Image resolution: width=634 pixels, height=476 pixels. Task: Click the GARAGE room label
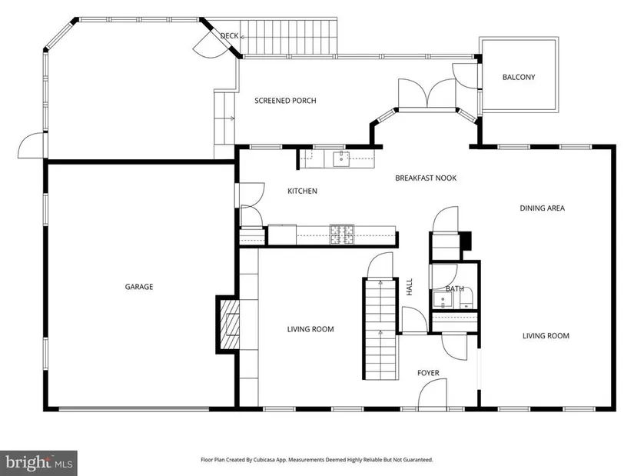coord(138,287)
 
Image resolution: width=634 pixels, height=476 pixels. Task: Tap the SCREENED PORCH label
coord(285,101)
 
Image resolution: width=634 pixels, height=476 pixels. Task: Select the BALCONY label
coord(519,77)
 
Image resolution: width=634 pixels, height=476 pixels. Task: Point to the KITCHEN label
coord(302,191)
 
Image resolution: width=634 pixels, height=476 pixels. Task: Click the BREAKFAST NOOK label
coord(426,178)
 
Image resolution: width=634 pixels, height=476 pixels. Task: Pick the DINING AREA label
coord(542,208)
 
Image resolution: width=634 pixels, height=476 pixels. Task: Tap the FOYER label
coord(428,373)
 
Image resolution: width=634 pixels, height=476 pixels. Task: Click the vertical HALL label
coord(409,287)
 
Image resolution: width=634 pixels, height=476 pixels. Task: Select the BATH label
coord(454,288)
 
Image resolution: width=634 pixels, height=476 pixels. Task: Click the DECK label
coord(229,35)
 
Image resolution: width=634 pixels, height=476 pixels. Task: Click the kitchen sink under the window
coord(341,158)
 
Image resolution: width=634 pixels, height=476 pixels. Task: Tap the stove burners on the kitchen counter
coord(342,235)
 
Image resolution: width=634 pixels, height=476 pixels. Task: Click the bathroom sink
coord(443,300)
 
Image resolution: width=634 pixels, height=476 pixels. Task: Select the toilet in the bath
coord(467,300)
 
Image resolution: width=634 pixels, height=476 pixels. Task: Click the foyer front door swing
coord(432,394)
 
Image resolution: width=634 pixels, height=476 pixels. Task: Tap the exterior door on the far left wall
coord(32,145)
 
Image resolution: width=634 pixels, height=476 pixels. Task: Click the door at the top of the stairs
coord(380,265)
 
